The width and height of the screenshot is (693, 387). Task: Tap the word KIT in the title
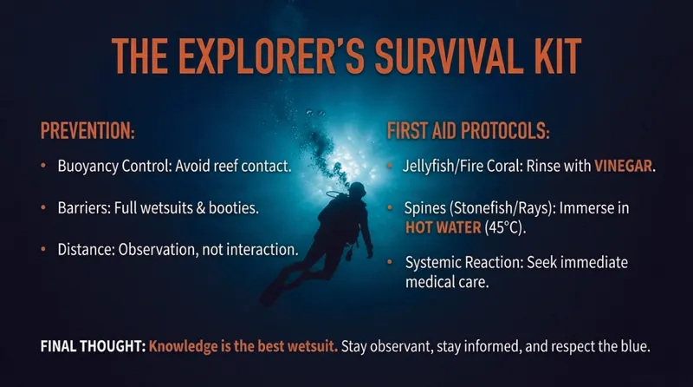tap(552, 56)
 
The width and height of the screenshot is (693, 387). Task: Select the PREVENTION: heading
tap(87, 131)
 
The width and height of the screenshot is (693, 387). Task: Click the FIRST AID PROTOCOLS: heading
tap(469, 131)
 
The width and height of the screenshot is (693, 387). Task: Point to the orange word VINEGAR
tap(623, 166)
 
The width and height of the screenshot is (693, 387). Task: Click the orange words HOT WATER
tap(443, 227)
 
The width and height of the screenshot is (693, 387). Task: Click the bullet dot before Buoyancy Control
tap(43, 166)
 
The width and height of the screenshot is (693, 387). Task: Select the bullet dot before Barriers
tap(43, 207)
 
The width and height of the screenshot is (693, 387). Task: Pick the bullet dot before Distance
tap(43, 249)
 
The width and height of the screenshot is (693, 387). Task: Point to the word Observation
tap(158, 250)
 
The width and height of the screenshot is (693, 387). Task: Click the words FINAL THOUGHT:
tap(93, 346)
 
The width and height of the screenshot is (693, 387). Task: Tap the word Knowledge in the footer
tap(183, 346)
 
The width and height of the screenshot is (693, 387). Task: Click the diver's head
tap(357, 190)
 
